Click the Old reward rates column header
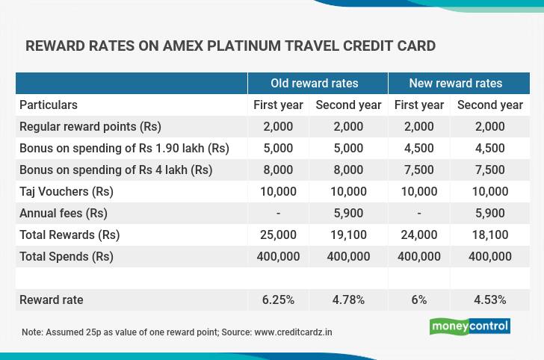click(x=315, y=83)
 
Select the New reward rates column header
click(x=456, y=83)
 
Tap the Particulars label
click(x=49, y=105)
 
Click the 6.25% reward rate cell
click(x=278, y=300)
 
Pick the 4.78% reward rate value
click(x=348, y=300)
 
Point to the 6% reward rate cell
click(x=419, y=300)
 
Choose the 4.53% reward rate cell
click(x=490, y=300)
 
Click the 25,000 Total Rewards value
click(x=278, y=235)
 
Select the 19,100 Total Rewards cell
click(x=348, y=235)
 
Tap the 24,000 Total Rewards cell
click(x=419, y=235)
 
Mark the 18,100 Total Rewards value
click(x=490, y=235)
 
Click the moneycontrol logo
click(x=470, y=326)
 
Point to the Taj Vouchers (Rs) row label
click(x=67, y=191)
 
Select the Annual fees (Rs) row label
click(x=63, y=213)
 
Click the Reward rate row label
click(x=52, y=300)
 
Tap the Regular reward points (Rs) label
click(x=90, y=126)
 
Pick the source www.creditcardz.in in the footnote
click(x=293, y=332)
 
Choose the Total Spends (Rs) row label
click(x=67, y=256)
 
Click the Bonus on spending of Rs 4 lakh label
click(x=116, y=170)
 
